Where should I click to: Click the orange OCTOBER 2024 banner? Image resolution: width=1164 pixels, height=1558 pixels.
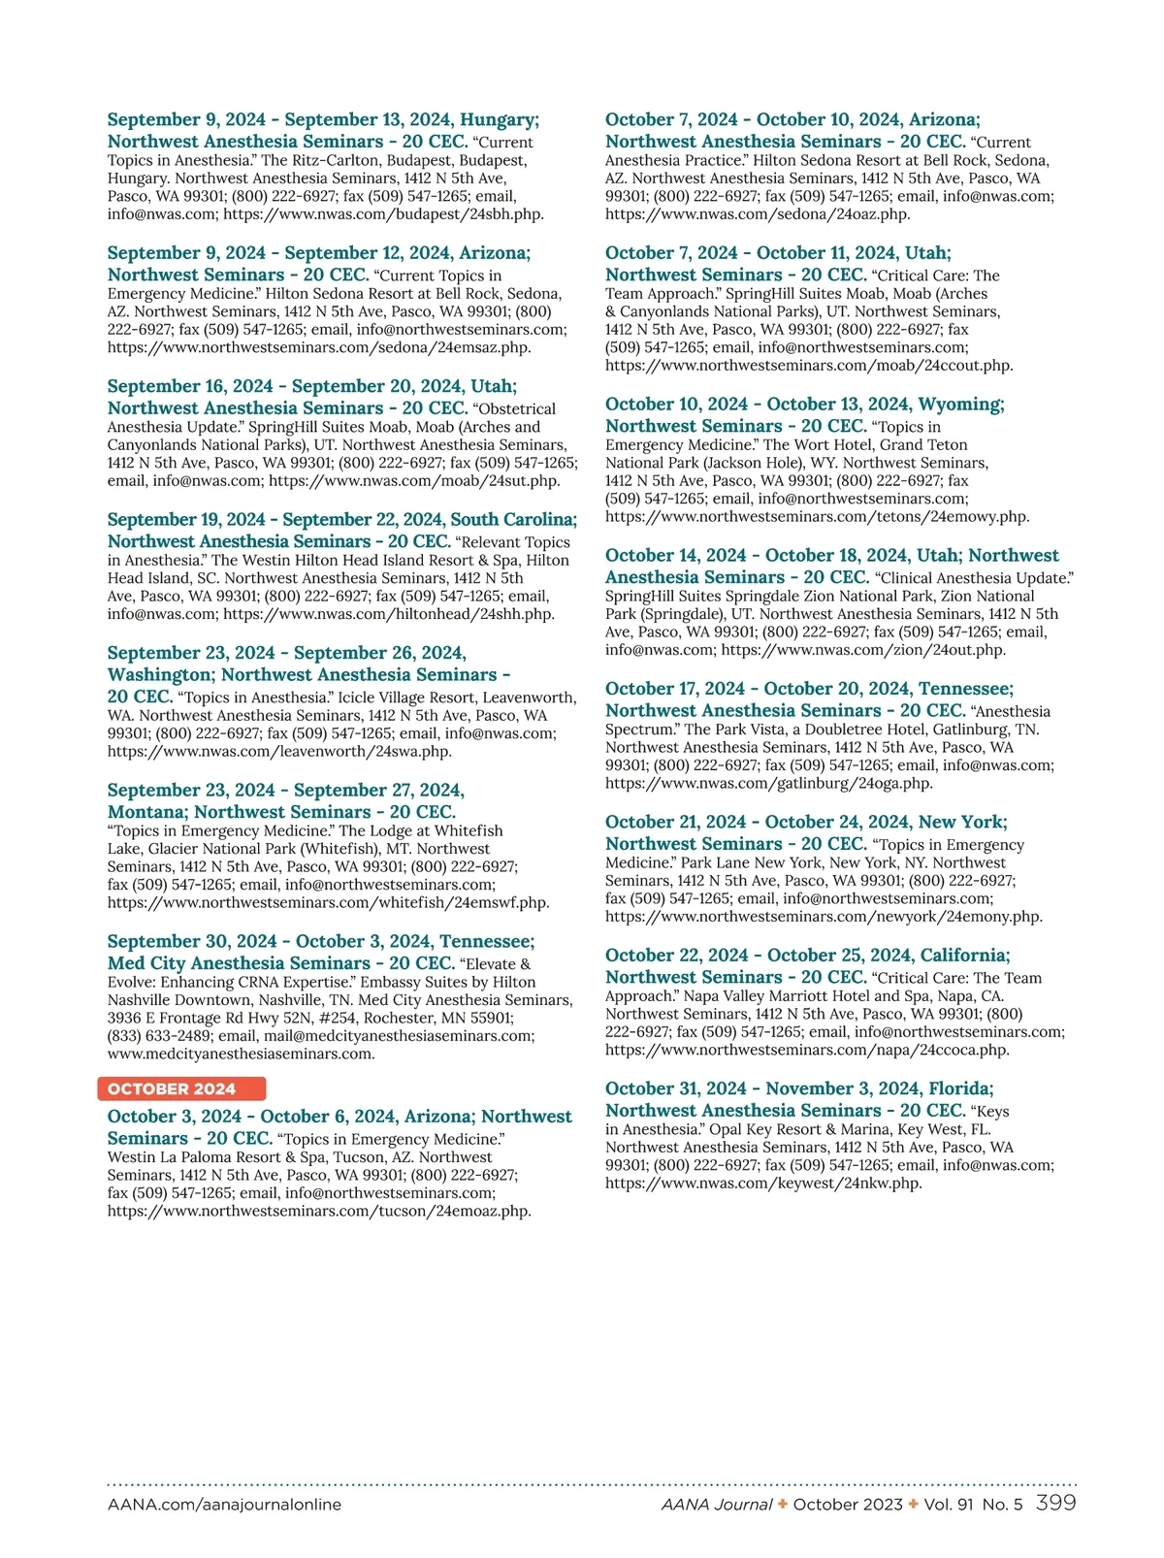181,1088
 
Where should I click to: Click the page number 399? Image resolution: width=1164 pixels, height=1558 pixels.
1055,1503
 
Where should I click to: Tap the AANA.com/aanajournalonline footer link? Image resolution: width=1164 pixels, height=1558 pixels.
224,1505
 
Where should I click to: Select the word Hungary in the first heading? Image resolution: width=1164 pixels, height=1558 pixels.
498,119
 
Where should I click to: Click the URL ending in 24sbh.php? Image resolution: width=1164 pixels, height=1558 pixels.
383,214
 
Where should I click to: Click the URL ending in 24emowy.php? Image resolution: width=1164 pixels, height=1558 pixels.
817,517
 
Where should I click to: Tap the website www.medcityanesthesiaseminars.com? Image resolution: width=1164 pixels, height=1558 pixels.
241,1054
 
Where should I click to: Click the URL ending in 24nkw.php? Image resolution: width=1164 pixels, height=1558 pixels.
762,1184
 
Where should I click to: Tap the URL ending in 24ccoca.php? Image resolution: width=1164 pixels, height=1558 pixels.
807,1050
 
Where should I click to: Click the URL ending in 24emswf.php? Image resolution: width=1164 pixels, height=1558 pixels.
328,902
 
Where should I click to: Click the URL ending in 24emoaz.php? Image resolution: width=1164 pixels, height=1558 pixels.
319,1211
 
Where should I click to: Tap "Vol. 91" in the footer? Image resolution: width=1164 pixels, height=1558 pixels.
950,1505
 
